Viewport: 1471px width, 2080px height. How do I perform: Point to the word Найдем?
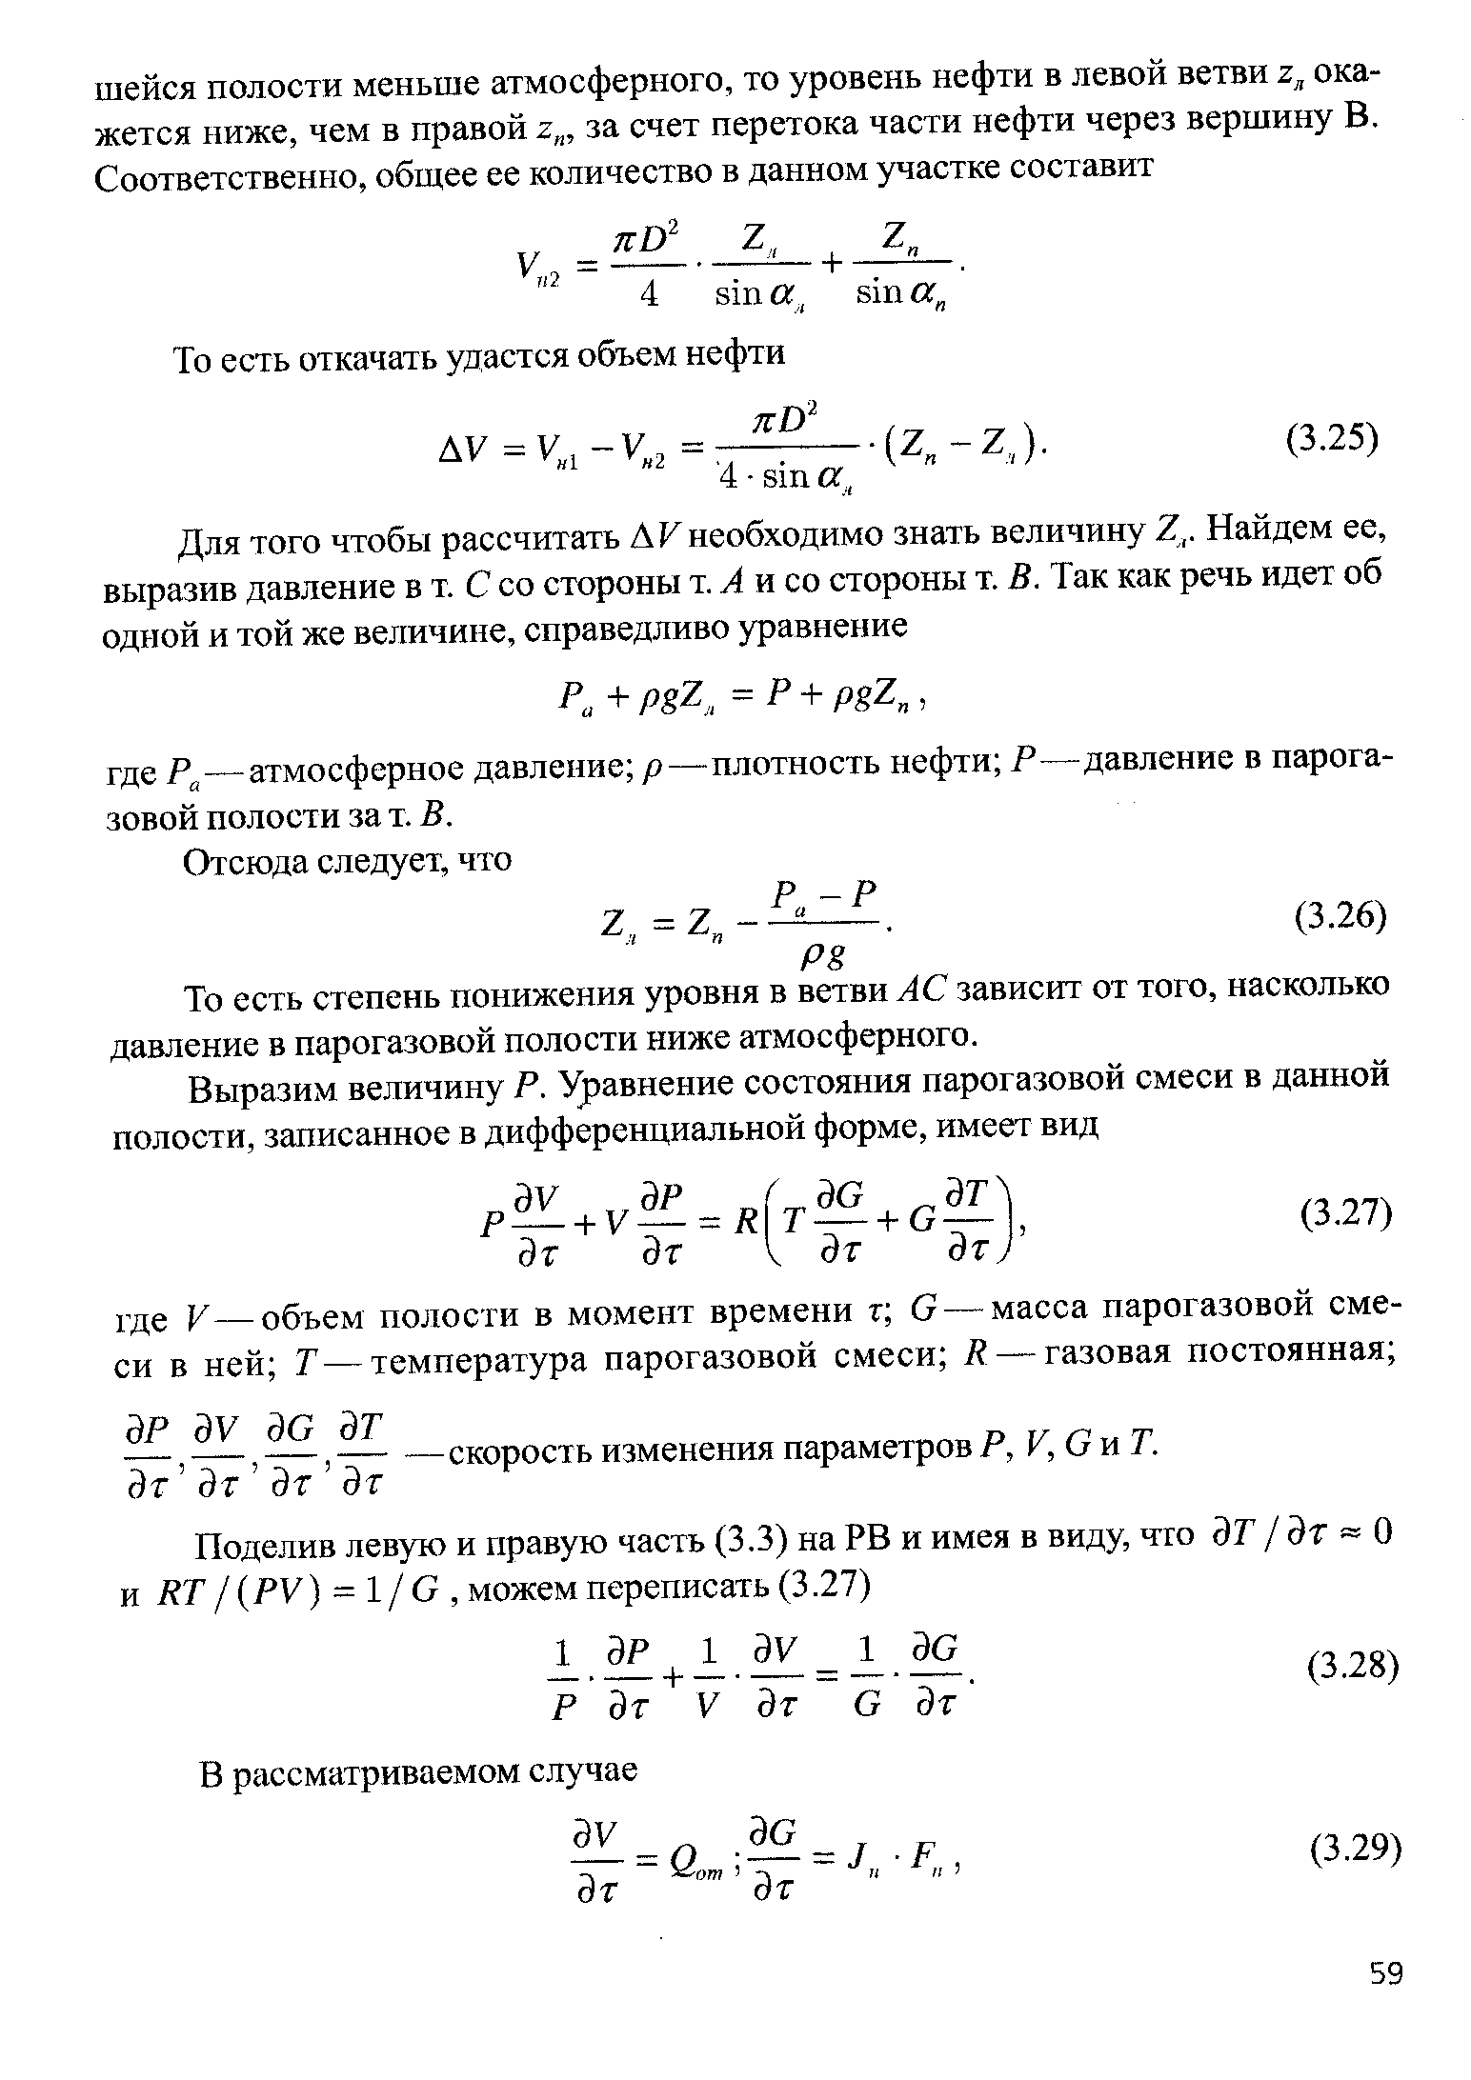point(1258,530)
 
